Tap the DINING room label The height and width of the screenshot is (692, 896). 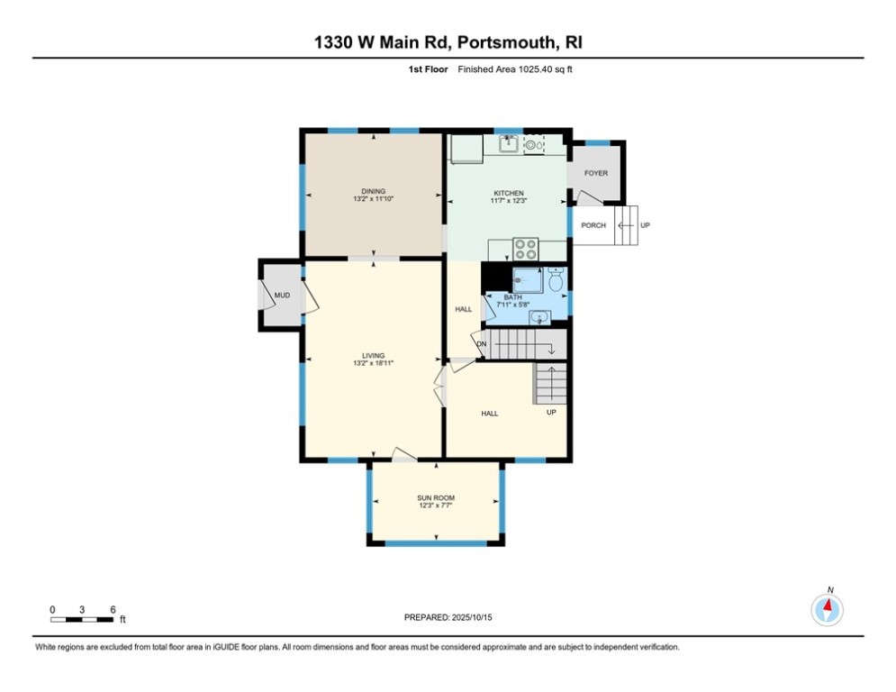click(373, 191)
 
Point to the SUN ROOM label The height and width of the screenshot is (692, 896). click(436, 498)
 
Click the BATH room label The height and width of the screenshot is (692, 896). click(512, 297)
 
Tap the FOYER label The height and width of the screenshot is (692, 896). click(596, 173)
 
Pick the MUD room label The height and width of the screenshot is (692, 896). click(282, 295)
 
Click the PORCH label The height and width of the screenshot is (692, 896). click(593, 225)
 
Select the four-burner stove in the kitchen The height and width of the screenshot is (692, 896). click(525, 249)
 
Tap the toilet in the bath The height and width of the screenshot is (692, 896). click(556, 281)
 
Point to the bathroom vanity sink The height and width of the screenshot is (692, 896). click(539, 315)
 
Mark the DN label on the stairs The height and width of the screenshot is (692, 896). click(482, 344)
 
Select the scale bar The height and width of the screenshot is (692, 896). click(83, 618)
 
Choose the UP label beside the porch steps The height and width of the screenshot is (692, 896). click(645, 225)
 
